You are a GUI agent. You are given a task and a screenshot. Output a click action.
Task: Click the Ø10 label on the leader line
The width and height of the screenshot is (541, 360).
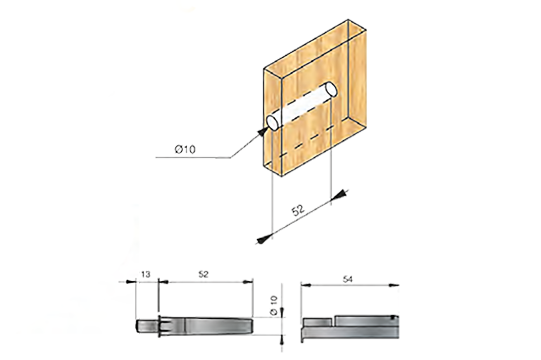pos(185,150)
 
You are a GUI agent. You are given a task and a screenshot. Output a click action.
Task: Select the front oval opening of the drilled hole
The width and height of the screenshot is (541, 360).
pos(274,122)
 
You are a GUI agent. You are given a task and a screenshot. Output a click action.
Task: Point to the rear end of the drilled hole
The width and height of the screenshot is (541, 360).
pos(330,88)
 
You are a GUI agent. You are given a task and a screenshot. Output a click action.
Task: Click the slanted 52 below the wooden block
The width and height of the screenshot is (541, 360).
pos(299,210)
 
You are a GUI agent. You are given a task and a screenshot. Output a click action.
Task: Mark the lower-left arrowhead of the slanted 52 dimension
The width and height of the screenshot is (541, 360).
pos(261,241)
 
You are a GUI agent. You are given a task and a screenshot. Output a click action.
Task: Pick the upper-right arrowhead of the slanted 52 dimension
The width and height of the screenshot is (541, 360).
pos(342,194)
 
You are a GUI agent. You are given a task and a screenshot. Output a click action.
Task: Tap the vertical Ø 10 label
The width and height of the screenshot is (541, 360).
pos(274,306)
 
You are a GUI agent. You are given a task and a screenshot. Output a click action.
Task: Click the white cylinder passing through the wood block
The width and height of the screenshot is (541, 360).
pos(301,106)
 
